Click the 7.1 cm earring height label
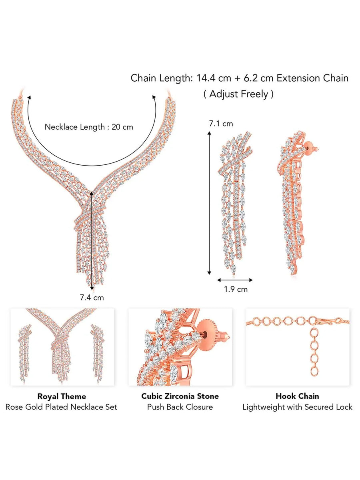(x=221, y=124)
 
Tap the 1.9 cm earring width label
(x=236, y=289)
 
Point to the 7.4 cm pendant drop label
(x=92, y=297)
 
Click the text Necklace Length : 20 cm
(x=89, y=127)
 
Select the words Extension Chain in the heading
(x=312, y=78)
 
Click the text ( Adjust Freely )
(x=239, y=94)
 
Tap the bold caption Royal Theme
(x=62, y=396)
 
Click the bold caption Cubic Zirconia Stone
(x=180, y=396)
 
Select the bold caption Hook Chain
(x=297, y=396)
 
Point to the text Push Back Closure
(x=180, y=407)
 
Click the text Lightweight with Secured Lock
(x=297, y=407)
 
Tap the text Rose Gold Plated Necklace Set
(x=62, y=407)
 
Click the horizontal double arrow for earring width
(x=235, y=280)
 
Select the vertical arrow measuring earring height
(x=209, y=204)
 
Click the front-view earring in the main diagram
(x=236, y=200)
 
